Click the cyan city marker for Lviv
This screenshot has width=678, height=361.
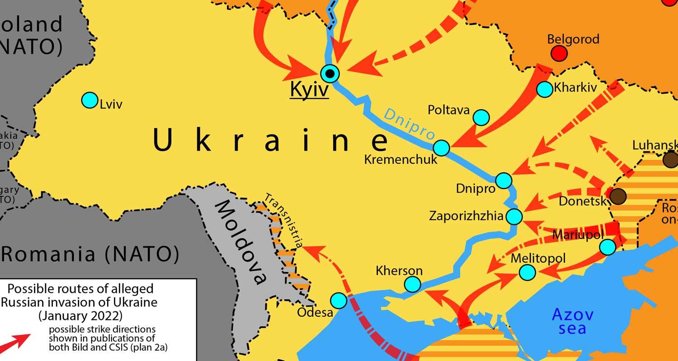point(89,100)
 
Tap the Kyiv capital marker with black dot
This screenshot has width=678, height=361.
point(330,73)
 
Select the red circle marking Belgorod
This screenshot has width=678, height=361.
point(559,54)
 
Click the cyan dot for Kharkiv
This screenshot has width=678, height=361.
point(545,89)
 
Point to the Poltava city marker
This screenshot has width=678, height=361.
point(481,117)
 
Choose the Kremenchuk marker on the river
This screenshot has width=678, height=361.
point(442,148)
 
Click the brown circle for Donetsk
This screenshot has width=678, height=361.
point(618,196)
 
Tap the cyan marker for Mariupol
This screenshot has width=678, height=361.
point(607,247)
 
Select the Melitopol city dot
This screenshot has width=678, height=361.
point(527,272)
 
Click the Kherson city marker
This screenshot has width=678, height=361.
point(412,284)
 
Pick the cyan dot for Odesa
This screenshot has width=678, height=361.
point(339,300)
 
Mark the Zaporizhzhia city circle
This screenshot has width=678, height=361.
point(514,217)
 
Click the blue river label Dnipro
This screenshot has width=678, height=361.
point(410,125)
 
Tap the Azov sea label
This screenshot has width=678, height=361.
point(573,321)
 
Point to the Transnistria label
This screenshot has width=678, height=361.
point(283,221)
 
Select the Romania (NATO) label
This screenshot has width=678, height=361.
point(90,255)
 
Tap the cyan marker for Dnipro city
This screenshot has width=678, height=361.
point(504,180)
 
